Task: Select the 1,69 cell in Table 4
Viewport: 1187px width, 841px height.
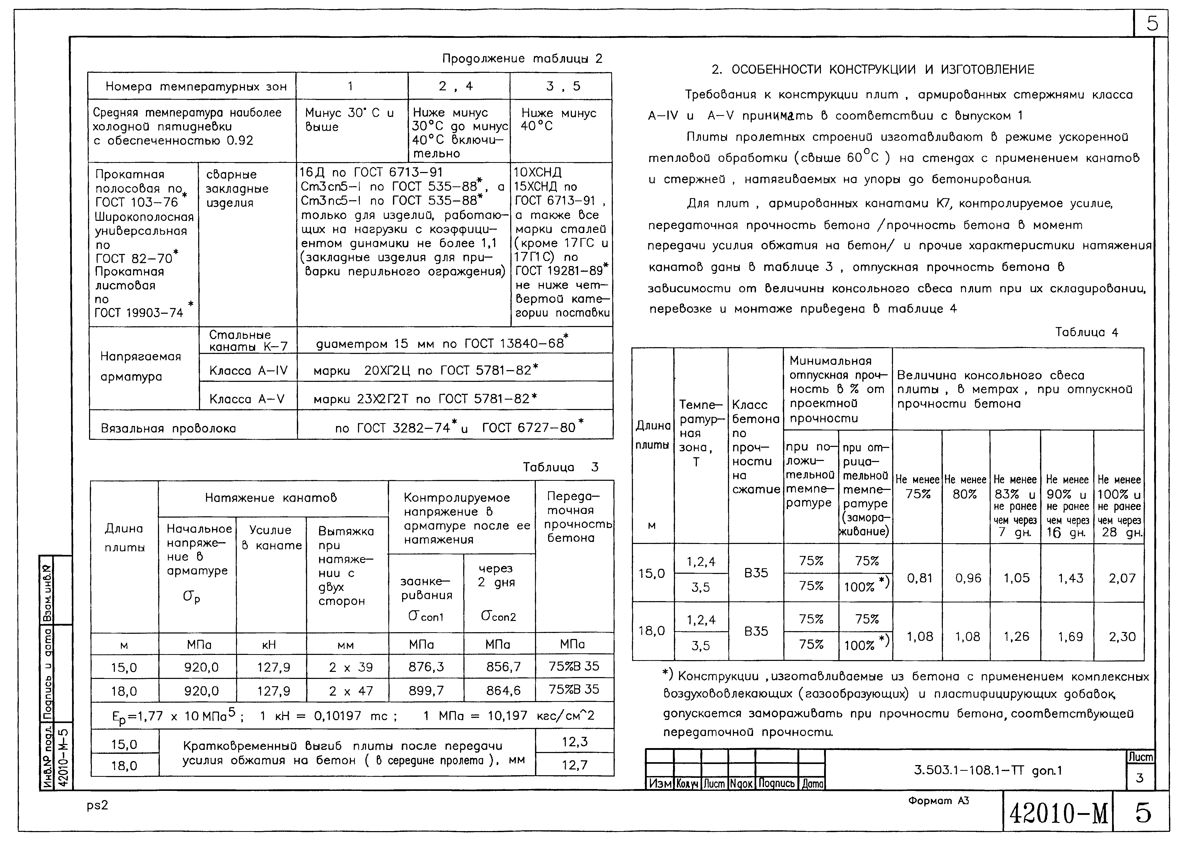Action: (x=1070, y=636)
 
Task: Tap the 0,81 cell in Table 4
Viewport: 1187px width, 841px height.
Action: (x=919, y=578)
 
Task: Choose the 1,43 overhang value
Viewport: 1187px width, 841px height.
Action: (x=1070, y=578)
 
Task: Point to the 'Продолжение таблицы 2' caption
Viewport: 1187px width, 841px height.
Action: (x=522, y=58)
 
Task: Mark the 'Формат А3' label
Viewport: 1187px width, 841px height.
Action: (x=938, y=801)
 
